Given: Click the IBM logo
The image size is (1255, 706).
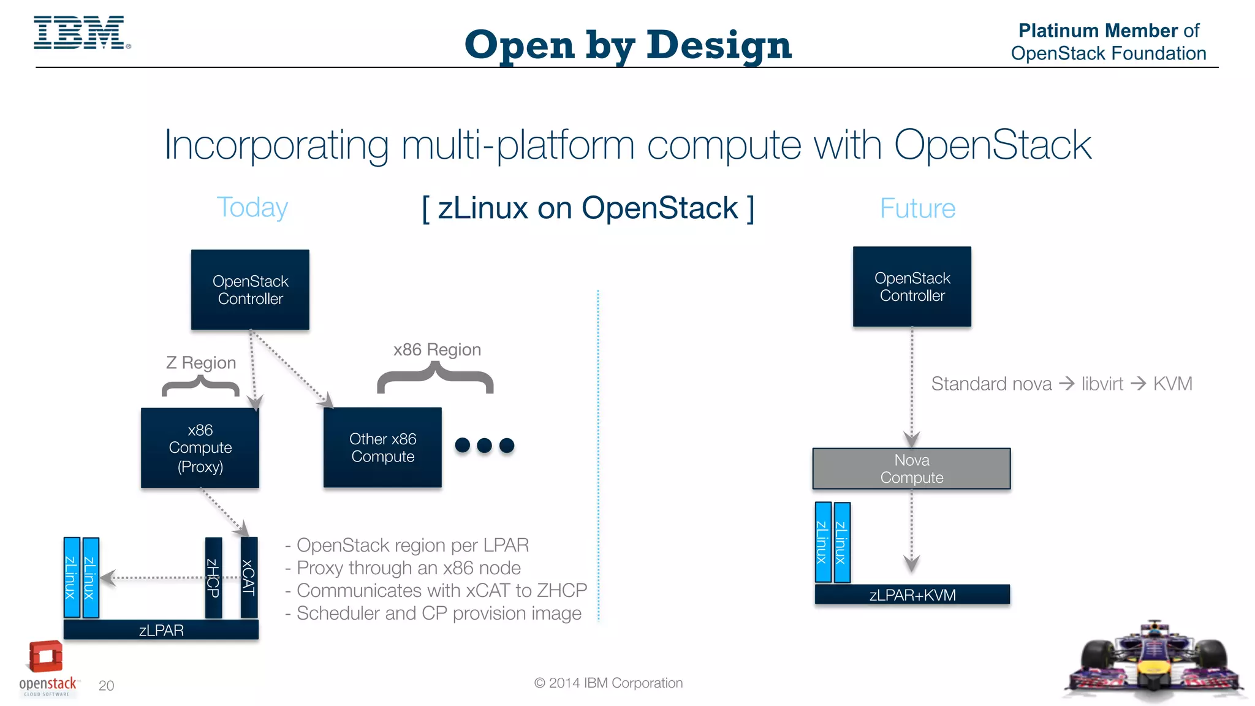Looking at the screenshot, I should (80, 33).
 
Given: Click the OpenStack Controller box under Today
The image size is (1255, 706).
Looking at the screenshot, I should (250, 290).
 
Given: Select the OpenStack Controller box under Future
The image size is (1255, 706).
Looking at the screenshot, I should (912, 287).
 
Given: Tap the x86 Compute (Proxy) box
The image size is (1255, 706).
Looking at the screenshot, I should (200, 448).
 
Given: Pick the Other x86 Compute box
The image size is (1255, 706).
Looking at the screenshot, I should (382, 447).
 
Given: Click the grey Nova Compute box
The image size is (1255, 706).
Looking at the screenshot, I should (911, 469).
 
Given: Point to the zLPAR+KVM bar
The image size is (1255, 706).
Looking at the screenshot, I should (912, 594).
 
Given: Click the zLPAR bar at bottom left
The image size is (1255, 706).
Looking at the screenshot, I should (161, 630).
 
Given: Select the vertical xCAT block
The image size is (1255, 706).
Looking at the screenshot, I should (249, 577).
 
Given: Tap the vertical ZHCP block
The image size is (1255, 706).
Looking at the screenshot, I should (213, 577).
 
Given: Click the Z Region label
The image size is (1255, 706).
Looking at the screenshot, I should (201, 363).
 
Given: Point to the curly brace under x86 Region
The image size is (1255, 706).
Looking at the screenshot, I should (435, 378).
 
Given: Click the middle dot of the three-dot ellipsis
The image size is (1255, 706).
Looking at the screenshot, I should (484, 446).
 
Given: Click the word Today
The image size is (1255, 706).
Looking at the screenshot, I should (252, 207).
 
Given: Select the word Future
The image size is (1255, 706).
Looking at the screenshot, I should (917, 208).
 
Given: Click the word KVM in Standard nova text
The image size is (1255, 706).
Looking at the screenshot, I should (1172, 384).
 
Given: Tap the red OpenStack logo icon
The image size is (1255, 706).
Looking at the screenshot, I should (46, 657).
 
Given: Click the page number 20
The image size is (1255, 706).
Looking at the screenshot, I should (106, 685).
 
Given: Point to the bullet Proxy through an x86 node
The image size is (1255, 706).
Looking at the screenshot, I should (408, 568).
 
